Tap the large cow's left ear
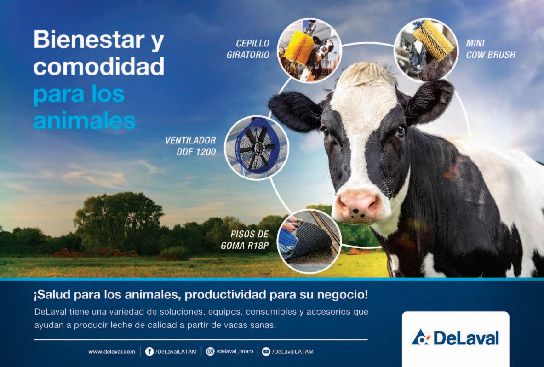pos(431,100)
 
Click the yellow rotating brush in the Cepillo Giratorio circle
pos(299,47)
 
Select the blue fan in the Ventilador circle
pos(257,148)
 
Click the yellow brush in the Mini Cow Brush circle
pos(433,39)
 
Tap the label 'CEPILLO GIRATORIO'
pos(248,49)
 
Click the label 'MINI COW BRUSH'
pos(491,49)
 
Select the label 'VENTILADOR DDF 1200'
pos(190,146)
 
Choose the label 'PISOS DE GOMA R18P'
pos(245,240)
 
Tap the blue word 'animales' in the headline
pos(84,120)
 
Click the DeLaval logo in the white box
pos(455,338)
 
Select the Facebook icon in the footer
pos(149,351)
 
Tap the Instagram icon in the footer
pos(210,351)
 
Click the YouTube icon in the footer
pos(266,351)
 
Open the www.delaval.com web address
pos(112,352)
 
